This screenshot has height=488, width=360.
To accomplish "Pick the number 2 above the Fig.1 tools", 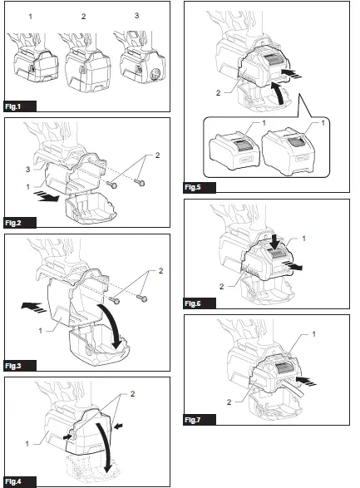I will tap(82, 17).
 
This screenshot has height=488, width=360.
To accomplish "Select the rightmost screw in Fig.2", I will tap(143, 182).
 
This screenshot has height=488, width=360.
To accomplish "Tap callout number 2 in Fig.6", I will tap(220, 287).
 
